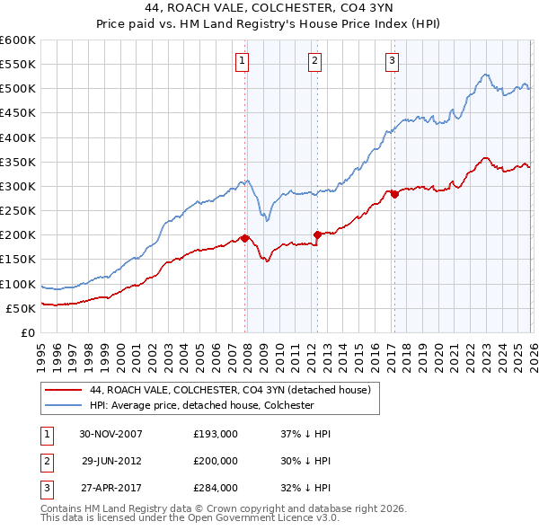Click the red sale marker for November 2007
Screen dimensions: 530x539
(x=245, y=238)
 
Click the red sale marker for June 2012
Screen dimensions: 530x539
(x=317, y=234)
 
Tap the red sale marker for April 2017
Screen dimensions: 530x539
(x=393, y=194)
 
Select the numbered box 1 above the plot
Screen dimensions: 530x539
(x=243, y=61)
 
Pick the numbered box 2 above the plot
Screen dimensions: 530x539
(x=315, y=61)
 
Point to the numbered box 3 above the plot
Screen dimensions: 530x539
(x=393, y=61)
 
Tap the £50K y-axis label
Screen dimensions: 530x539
(x=21, y=308)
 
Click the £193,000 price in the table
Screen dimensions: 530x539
(x=215, y=434)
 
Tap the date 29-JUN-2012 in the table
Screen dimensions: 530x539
(x=111, y=460)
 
